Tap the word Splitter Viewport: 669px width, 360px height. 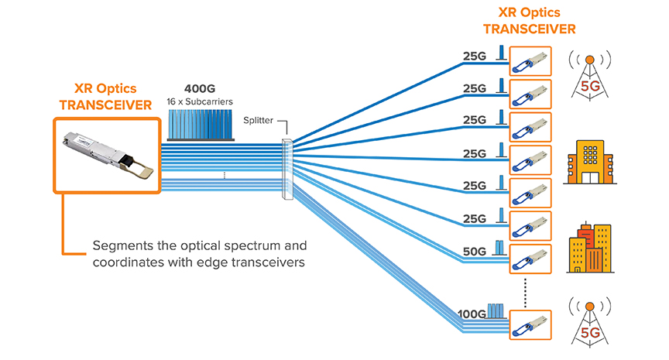(258, 121)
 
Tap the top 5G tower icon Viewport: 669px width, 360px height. (590, 75)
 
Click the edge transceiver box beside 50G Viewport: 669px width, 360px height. (530, 258)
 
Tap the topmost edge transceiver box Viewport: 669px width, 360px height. (530, 62)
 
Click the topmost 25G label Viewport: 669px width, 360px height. (474, 56)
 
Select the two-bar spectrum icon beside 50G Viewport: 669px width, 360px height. (499, 248)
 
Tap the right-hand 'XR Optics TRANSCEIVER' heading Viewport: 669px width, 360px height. (530, 21)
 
